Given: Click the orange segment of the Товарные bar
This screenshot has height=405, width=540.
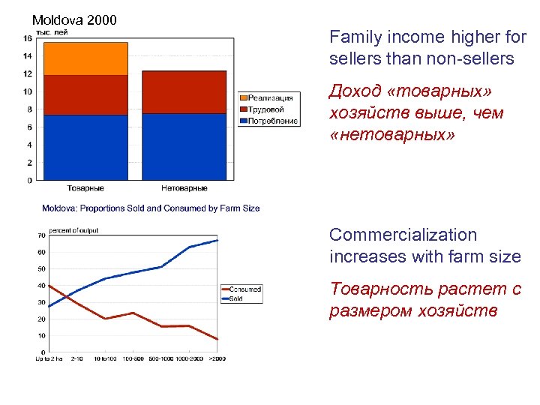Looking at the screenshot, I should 85,58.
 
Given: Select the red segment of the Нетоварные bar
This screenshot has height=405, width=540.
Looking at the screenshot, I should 184,91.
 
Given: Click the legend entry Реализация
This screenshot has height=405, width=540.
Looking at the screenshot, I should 270,98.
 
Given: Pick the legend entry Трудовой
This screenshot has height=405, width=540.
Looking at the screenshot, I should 268,109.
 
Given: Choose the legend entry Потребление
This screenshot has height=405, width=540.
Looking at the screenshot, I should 272,121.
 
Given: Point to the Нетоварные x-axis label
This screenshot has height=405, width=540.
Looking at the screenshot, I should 183,188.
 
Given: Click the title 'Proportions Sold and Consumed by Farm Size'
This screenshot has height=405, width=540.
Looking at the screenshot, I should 151,208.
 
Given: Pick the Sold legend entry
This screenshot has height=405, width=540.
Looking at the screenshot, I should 236,298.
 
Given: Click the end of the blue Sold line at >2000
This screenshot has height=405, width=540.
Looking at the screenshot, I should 217,240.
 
